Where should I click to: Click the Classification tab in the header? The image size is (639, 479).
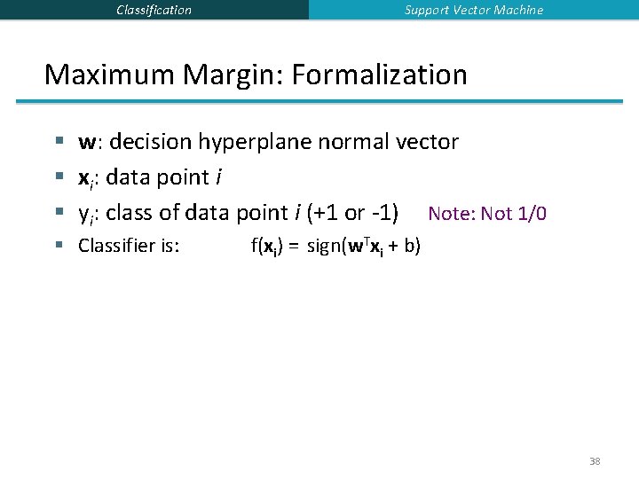click(154, 10)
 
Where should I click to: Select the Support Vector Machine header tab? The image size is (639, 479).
click(474, 10)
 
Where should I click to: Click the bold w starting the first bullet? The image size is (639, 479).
click(88, 142)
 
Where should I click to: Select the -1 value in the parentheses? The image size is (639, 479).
click(383, 214)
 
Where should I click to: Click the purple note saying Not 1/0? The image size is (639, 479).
click(486, 214)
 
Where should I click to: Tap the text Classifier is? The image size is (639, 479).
click(129, 246)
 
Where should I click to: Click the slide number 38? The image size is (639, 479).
click(594, 461)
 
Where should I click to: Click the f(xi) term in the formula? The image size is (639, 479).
click(267, 246)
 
